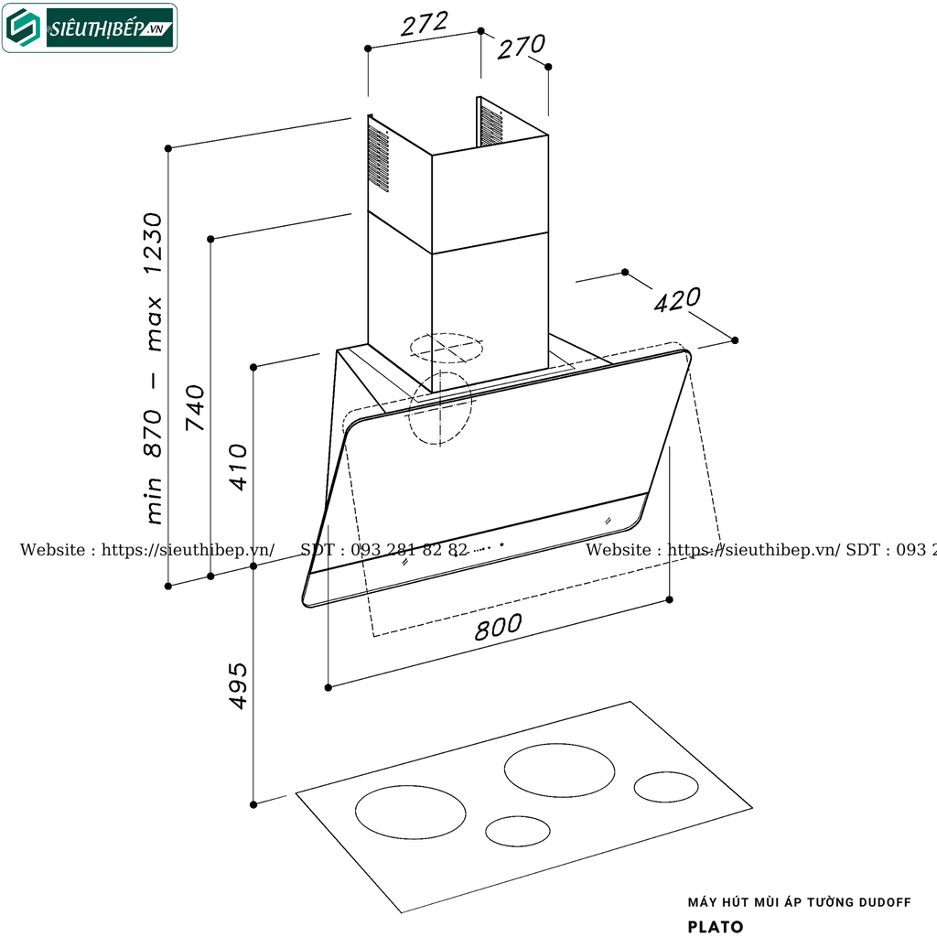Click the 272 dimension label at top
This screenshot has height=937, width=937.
tap(425, 24)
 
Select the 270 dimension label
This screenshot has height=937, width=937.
tap(522, 47)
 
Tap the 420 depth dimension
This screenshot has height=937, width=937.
tap(677, 300)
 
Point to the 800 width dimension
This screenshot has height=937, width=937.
tap(499, 627)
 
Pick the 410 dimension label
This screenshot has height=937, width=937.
tap(238, 467)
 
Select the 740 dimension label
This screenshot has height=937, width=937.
tap(195, 408)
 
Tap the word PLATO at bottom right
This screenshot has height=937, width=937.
tap(716, 926)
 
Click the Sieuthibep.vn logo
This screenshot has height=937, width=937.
tap(90, 27)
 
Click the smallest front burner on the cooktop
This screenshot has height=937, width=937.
tap(518, 830)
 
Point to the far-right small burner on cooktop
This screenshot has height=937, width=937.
tap(666, 786)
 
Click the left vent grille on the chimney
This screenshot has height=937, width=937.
tap(378, 158)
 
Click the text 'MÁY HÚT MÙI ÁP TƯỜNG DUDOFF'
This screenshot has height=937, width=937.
tap(799, 902)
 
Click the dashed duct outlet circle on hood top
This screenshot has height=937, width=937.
tap(446, 348)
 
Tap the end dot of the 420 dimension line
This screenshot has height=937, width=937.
tap(735, 339)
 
